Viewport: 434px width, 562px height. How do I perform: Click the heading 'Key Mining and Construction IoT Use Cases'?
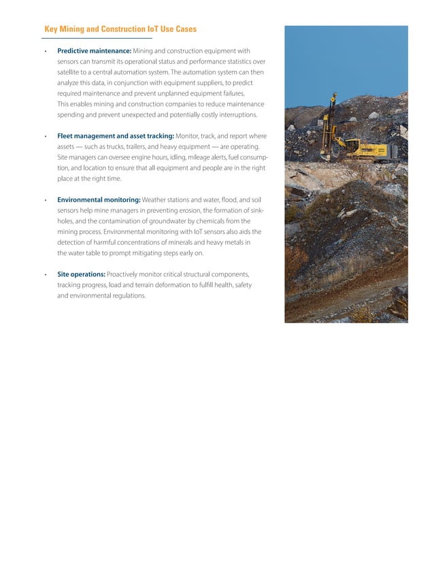coord(120,29)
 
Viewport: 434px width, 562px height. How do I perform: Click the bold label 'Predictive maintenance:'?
coord(94,51)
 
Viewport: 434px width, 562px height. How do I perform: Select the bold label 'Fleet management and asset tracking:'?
coord(116,136)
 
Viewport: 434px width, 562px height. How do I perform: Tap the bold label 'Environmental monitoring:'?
coord(99,199)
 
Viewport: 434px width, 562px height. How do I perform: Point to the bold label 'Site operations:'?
coord(81,274)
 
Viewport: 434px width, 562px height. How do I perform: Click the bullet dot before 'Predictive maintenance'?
coord(45,52)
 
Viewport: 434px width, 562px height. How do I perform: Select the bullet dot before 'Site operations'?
coord(45,275)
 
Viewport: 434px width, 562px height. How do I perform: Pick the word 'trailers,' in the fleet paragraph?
coord(131,147)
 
